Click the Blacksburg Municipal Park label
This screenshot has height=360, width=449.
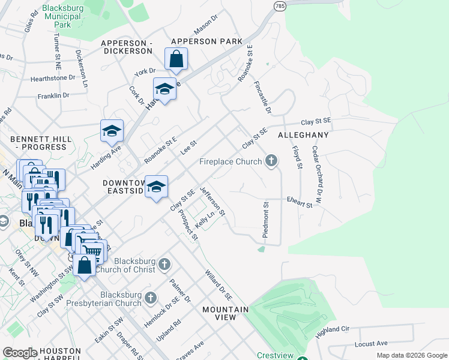63,17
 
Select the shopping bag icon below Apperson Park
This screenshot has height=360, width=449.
176,59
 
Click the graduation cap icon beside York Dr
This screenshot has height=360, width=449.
164,89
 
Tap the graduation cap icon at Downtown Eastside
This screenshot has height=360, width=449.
156,187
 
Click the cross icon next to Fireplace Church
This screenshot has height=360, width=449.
271,161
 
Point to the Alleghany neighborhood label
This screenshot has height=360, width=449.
303,136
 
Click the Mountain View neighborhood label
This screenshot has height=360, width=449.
225,313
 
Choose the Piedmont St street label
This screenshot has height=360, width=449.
265,220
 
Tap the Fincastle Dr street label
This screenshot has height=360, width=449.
263,98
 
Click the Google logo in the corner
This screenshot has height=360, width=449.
20,353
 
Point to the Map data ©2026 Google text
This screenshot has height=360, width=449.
411,355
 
